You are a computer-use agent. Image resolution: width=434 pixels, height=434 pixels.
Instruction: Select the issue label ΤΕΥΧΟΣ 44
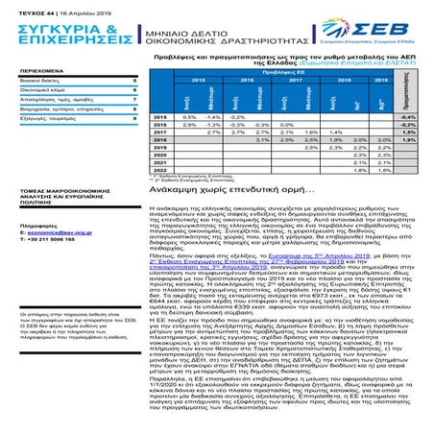(20, 6)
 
